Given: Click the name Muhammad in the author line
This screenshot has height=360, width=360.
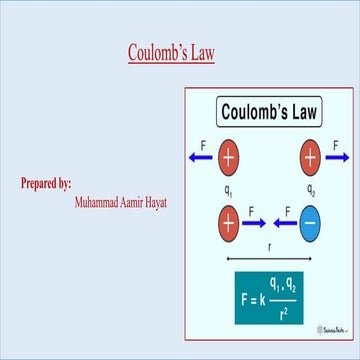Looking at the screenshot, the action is coord(100,201).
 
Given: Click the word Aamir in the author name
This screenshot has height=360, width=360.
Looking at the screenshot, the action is coord(145,201).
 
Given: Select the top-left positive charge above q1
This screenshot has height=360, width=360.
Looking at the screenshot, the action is coord(229,157).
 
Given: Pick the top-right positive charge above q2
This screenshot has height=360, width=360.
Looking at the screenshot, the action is coord(309,157).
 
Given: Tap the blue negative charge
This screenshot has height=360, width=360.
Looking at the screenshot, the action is coord(309,222).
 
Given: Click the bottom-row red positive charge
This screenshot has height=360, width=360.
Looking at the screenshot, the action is coord(229,222).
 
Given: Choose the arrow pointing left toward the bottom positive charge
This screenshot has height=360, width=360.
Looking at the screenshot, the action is coord(282,222).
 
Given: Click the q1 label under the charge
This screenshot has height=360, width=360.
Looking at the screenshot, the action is coord(229,187).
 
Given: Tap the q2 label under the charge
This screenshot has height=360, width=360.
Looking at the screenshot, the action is coord(310,187).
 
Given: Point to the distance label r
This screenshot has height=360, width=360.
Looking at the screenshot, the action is coord(269,245).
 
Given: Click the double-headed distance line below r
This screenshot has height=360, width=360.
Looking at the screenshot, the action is coord(269,258).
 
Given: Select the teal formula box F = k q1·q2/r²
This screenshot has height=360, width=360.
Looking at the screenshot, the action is coord(269,297).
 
